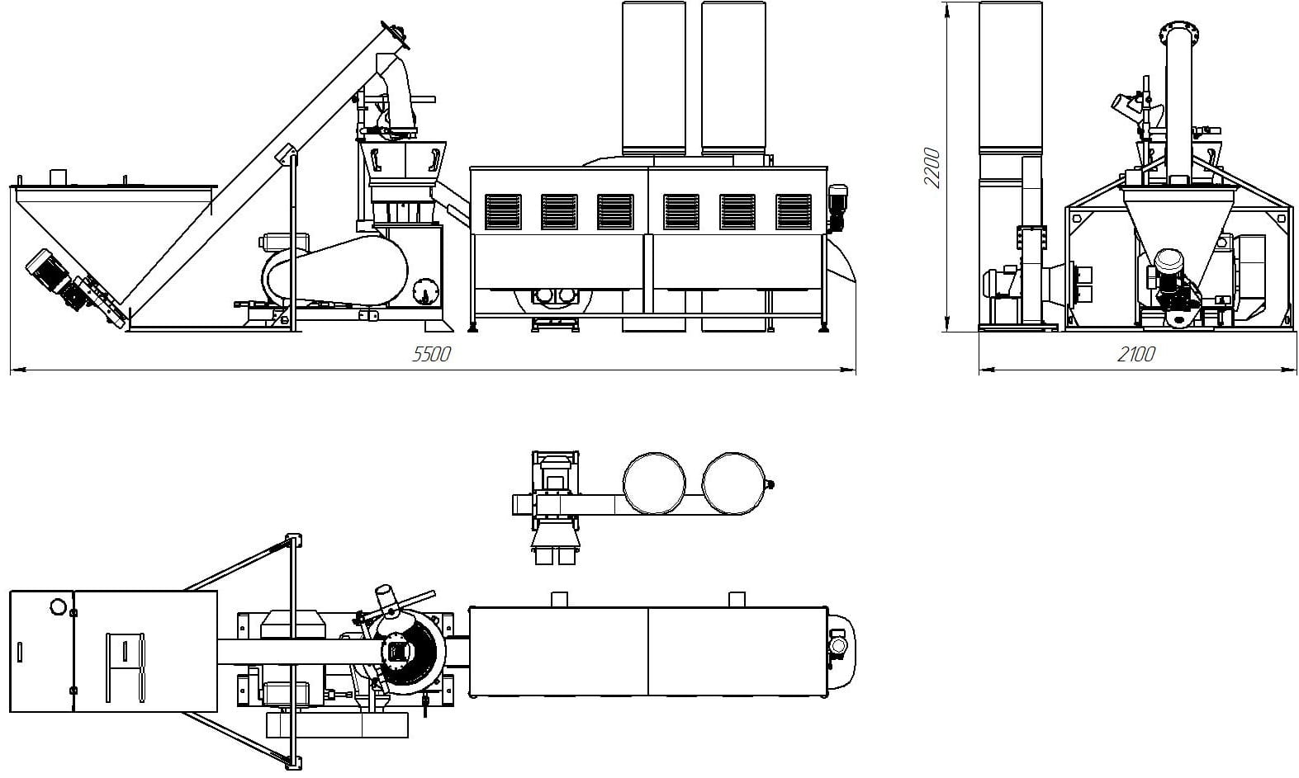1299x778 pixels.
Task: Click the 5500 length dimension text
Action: pos(431,355)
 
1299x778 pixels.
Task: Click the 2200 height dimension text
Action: pos(932,167)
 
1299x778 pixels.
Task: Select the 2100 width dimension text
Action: pos(1135,355)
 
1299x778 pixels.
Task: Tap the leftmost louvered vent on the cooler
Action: pos(503,212)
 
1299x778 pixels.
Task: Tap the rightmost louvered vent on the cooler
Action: pos(794,212)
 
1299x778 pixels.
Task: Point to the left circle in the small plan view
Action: pos(654,483)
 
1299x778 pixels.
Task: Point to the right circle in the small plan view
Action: pos(733,483)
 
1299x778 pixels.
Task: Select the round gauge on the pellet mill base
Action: pos(424,292)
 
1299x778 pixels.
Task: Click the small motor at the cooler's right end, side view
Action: pos(838,204)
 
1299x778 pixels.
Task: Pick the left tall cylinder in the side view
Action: pos(653,78)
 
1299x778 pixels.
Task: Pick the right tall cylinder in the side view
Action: pos(732,78)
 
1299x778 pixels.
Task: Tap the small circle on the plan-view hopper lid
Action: pos(58,607)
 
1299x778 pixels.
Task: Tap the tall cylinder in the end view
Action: pos(1011,78)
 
